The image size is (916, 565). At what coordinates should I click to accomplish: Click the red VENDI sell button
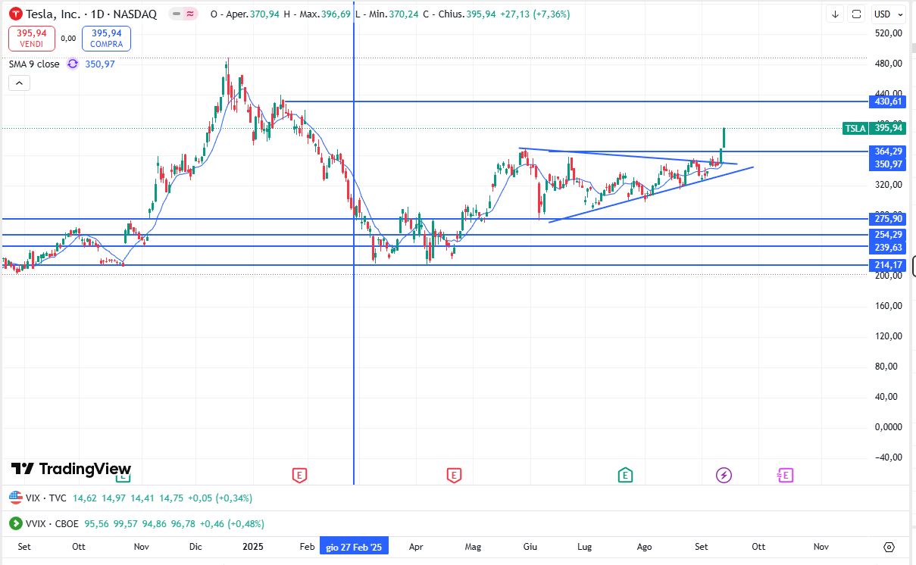(x=32, y=38)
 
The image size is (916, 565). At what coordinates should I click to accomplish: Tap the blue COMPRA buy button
(x=107, y=38)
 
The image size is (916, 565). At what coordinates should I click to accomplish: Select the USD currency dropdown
(x=888, y=14)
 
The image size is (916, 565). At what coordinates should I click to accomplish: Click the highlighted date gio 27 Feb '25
(x=355, y=546)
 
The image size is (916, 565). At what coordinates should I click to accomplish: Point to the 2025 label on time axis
(x=252, y=546)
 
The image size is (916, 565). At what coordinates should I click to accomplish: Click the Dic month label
(x=195, y=546)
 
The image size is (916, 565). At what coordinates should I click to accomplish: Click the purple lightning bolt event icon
(x=724, y=475)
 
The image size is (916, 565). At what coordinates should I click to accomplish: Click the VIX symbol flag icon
(x=15, y=498)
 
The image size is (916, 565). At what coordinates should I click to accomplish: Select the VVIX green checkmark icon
(x=15, y=523)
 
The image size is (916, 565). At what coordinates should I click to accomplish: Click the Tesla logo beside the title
(x=15, y=14)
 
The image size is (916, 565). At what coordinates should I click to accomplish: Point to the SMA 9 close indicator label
(x=34, y=64)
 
